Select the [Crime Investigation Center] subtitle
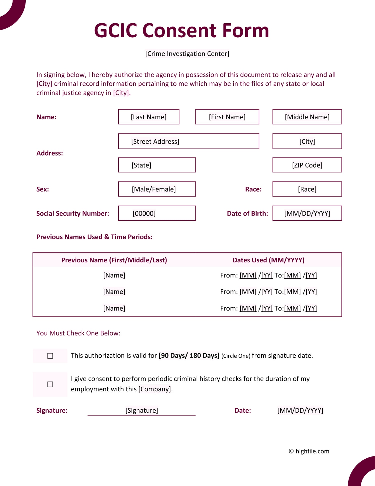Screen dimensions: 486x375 click(x=187, y=54)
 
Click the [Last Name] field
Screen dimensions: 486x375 click(x=148, y=117)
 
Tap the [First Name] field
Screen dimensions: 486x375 click(x=227, y=117)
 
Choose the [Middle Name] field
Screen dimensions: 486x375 click(x=307, y=117)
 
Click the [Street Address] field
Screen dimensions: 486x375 click(x=188, y=141)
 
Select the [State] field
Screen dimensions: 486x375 click(x=157, y=165)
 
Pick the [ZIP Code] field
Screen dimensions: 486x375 click(x=307, y=165)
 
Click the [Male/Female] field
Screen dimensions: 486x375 click(x=157, y=189)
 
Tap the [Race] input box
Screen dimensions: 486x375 click(x=307, y=189)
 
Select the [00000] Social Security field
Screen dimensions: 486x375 click(x=157, y=213)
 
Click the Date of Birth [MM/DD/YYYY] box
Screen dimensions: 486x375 click(x=307, y=213)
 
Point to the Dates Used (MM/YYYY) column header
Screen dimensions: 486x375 click(x=268, y=260)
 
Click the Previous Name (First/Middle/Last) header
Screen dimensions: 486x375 click(x=114, y=260)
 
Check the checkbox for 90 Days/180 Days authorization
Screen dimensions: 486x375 click(x=50, y=356)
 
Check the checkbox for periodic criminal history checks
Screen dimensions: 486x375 click(x=50, y=384)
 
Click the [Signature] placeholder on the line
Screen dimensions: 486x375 click(x=141, y=410)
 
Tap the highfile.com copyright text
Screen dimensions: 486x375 click(x=309, y=451)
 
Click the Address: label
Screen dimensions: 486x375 click(x=49, y=153)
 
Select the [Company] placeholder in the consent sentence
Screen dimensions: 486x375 click(x=155, y=389)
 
